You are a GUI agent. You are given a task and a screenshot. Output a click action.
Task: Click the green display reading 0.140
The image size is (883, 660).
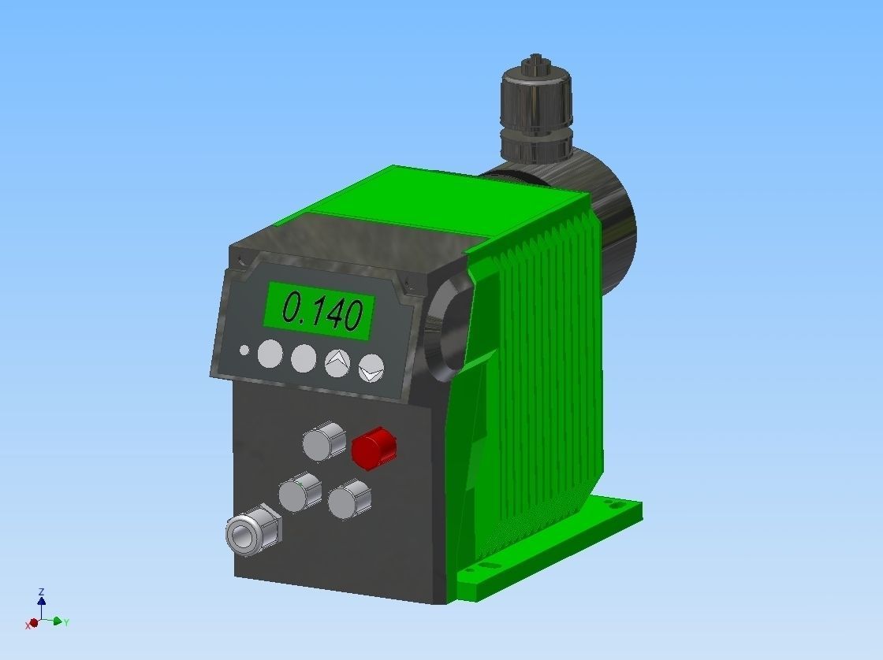pyautogui.click(x=319, y=310)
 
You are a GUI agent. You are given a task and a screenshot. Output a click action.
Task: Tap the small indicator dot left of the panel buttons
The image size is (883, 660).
pyautogui.click(x=244, y=350)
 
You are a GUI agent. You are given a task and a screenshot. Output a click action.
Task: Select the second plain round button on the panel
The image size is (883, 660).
pyautogui.click(x=304, y=358)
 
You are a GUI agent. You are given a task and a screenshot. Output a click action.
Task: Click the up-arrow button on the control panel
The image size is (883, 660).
pyautogui.click(x=337, y=362)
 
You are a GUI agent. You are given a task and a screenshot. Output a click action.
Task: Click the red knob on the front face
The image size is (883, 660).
pyautogui.click(x=373, y=447)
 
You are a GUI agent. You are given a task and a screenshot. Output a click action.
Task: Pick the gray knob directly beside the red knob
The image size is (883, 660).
pyautogui.click(x=323, y=442)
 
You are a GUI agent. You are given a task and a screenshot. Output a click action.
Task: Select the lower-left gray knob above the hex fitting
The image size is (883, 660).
pyautogui.click(x=300, y=492)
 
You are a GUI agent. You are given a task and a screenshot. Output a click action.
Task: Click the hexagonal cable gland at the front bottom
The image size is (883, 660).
pyautogui.click(x=250, y=532)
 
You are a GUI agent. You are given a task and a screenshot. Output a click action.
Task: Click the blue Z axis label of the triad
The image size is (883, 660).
pyautogui.click(x=41, y=591)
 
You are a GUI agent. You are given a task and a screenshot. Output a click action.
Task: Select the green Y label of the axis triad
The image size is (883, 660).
pyautogui.click(x=66, y=622)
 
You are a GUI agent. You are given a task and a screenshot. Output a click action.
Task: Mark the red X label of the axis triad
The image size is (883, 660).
pyautogui.click(x=28, y=625)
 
